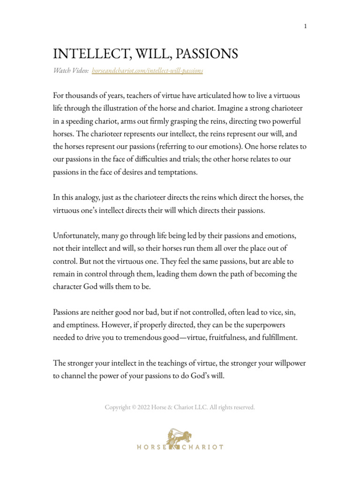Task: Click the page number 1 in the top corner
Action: tap(305, 26)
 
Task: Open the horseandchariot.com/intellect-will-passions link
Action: tap(148, 70)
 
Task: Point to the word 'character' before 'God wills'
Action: tap(68, 286)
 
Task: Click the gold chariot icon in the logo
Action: tap(180, 436)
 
